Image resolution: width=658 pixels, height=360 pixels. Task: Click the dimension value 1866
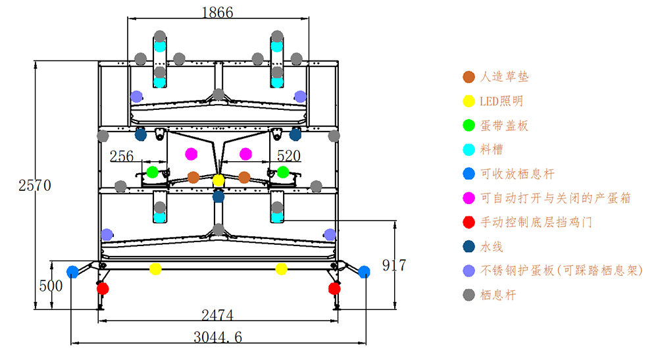(x=217, y=12)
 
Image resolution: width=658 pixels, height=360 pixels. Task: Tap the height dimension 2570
(x=35, y=185)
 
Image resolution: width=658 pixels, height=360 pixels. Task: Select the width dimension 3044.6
(x=218, y=337)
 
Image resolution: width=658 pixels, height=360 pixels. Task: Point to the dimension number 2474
(x=218, y=315)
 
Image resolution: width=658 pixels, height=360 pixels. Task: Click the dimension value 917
(x=394, y=265)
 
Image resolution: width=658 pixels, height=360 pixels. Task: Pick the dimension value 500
(x=51, y=286)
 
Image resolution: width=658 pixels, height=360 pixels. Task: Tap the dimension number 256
(x=122, y=156)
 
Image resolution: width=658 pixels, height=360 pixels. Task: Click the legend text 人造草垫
(x=505, y=77)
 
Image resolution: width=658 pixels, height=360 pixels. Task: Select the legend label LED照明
(x=501, y=101)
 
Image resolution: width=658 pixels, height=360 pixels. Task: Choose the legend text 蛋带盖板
(x=505, y=125)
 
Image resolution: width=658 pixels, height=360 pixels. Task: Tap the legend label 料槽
(x=492, y=149)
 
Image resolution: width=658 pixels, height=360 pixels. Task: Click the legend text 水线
(x=492, y=246)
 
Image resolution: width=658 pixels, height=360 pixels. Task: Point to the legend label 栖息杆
(x=499, y=295)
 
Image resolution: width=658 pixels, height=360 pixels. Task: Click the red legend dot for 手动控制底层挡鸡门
(x=468, y=222)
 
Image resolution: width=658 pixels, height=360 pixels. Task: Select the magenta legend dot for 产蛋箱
(x=468, y=198)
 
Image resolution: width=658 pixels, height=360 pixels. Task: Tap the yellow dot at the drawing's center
(x=218, y=180)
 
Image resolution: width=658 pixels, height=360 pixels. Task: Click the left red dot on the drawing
(x=103, y=288)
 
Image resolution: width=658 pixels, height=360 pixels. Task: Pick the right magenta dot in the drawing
(x=245, y=154)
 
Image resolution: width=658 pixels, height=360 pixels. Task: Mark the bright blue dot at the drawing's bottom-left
(x=73, y=271)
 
